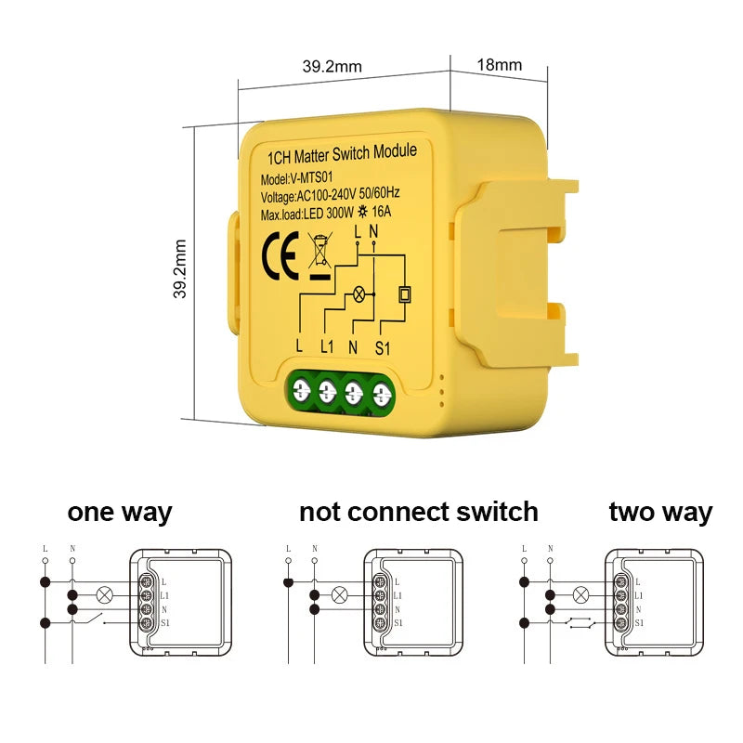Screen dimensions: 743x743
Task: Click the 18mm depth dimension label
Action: pyautogui.click(x=499, y=65)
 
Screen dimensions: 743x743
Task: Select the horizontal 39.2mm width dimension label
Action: pyautogui.click(x=332, y=66)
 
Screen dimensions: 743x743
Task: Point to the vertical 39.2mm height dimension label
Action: pyautogui.click(x=181, y=268)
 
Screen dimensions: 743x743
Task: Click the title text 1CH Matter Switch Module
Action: pyautogui.click(x=341, y=152)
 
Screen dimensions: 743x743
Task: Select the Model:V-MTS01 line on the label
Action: pyautogui.click(x=303, y=177)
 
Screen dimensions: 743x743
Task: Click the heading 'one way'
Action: pyautogui.click(x=119, y=512)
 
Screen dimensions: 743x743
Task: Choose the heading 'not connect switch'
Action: pyautogui.click(x=418, y=512)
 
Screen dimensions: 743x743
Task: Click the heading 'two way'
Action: pyautogui.click(x=660, y=512)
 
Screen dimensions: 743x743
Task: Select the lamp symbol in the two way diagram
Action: pyautogui.click(x=582, y=594)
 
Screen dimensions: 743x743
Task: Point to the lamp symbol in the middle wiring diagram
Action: pyautogui.click(x=341, y=594)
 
